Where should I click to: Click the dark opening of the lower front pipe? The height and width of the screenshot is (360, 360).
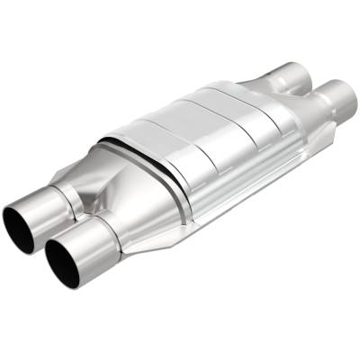[64, 261]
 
